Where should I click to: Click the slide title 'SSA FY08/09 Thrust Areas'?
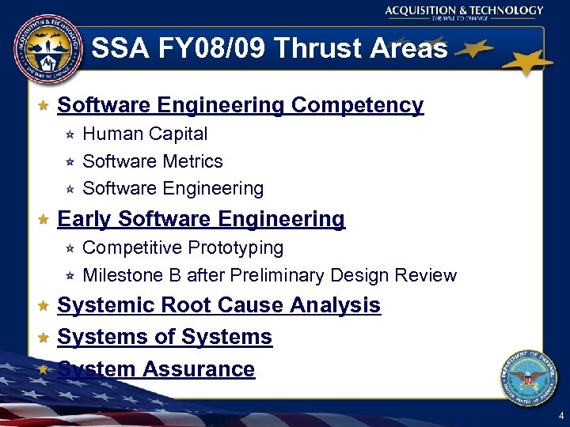pyautogui.click(x=269, y=49)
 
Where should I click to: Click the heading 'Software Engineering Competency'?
pyautogui.click(x=241, y=105)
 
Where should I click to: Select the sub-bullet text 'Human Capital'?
pyautogui.click(x=145, y=134)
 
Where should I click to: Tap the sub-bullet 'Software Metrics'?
pyautogui.click(x=153, y=161)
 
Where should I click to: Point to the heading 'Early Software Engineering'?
pyautogui.click(x=201, y=219)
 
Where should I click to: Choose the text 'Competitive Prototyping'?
pyautogui.click(x=183, y=248)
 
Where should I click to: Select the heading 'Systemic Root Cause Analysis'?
pyautogui.click(x=219, y=305)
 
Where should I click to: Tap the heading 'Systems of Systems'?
pyautogui.click(x=165, y=337)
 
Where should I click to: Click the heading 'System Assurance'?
pyautogui.click(x=156, y=369)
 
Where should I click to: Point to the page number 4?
pyautogui.click(x=560, y=415)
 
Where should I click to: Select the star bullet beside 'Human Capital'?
pyautogui.click(x=70, y=135)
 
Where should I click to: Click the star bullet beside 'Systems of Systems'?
pyautogui.click(x=44, y=338)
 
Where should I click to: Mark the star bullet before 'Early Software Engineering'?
pyautogui.click(x=44, y=220)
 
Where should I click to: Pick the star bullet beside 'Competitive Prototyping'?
pyautogui.click(x=70, y=249)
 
